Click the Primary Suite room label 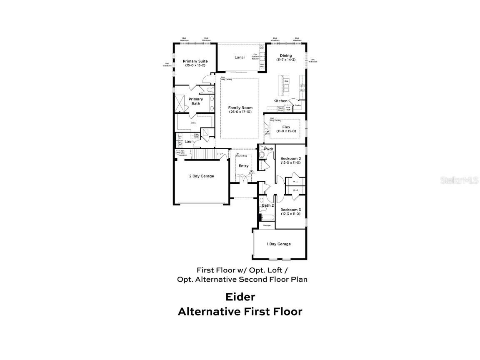(195, 61)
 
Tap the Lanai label (239, 57)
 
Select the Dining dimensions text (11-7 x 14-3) (286, 60)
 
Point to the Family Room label (240, 108)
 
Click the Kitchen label (280, 101)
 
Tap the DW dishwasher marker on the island (286, 82)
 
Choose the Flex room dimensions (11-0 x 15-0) (286, 131)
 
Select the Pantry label (297, 105)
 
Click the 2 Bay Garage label (201, 176)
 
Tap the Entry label (243, 166)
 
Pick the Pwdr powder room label (268, 149)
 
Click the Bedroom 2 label (290, 159)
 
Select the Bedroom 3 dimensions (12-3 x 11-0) (290, 214)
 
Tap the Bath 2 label (267, 205)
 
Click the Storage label (267, 225)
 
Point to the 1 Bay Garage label (279, 244)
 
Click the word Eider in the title (240, 297)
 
